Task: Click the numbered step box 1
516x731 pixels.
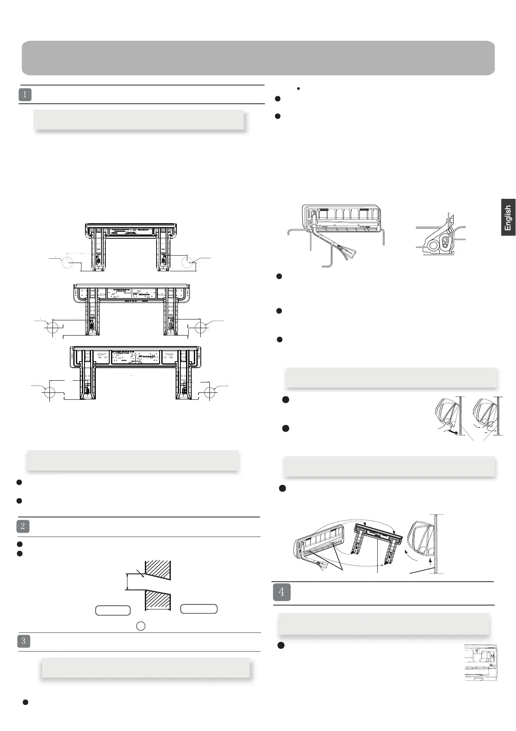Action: point(25,95)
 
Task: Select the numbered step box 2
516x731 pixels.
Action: point(23,527)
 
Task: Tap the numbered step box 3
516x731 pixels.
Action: point(23,642)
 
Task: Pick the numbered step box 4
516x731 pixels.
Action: point(282,592)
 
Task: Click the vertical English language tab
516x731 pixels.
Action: point(508,217)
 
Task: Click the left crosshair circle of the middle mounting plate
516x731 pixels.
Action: point(52,328)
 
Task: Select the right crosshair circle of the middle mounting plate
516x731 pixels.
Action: point(200,328)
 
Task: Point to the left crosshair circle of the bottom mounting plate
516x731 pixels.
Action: point(49,392)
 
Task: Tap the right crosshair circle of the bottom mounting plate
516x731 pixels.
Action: point(210,392)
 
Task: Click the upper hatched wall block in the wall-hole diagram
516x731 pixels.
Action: point(158,570)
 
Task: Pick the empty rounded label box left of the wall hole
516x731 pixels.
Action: point(113,610)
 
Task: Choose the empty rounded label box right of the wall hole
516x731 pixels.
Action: point(199,609)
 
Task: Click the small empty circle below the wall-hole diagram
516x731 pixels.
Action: point(141,626)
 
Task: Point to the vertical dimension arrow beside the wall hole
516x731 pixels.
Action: point(127,582)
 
